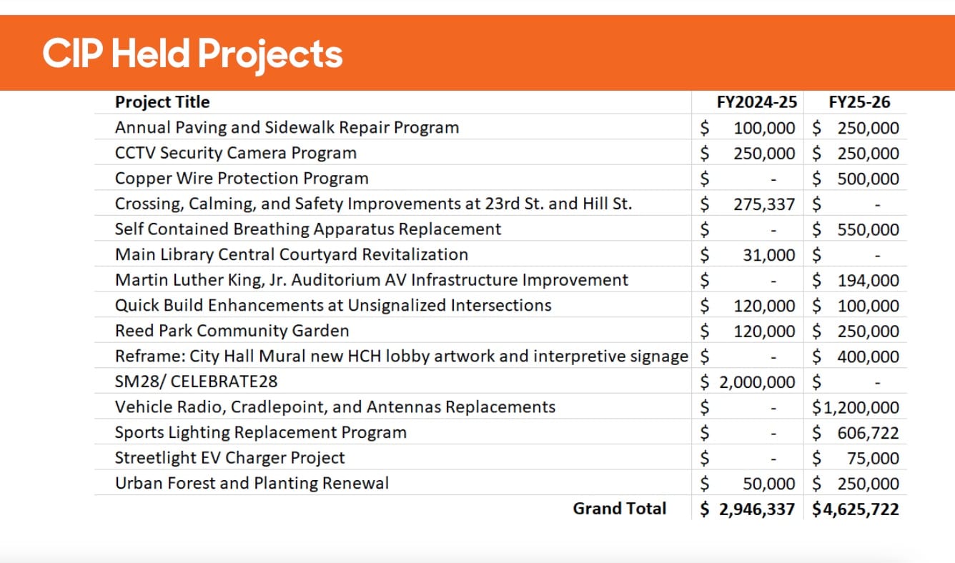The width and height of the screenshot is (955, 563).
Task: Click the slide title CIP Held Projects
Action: point(192,54)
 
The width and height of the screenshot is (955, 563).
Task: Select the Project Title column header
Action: point(162,102)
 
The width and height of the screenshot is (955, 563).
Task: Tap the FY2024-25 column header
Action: point(757,102)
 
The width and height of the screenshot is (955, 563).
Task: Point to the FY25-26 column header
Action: point(859,102)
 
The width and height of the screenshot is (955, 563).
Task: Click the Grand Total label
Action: point(620,509)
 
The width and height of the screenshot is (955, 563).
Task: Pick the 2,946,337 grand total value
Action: point(757,509)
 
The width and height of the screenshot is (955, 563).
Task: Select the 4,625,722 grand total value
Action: point(861,509)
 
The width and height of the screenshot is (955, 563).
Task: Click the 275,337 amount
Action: point(764,204)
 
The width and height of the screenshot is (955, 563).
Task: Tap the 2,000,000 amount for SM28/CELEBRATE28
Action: point(757,382)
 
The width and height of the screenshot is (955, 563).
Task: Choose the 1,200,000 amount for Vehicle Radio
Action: point(861,408)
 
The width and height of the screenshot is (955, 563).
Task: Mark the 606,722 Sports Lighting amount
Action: point(868,433)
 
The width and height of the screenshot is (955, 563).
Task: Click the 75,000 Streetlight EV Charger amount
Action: point(873,459)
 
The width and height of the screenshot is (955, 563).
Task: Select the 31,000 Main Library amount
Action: point(768,255)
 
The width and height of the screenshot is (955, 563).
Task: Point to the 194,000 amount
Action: point(868,281)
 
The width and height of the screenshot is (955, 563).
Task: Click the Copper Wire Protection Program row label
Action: point(242,179)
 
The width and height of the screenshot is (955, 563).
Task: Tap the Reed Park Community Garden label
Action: point(232,331)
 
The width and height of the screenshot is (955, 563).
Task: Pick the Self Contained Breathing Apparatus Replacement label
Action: point(308,229)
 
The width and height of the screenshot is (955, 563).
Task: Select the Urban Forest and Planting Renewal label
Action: point(252,483)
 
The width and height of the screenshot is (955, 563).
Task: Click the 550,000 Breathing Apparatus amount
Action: point(868,230)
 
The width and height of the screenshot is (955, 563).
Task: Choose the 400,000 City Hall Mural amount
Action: point(868,357)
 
